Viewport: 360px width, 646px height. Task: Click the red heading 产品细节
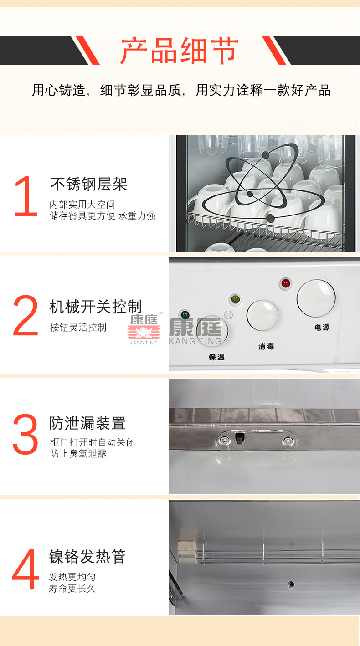coord(180,51)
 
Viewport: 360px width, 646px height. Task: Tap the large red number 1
coord(26,196)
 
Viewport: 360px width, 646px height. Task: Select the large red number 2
coord(26,315)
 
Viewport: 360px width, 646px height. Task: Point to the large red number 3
coord(25,434)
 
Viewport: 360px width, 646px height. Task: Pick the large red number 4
coord(25,569)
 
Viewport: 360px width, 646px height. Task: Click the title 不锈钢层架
coord(88,184)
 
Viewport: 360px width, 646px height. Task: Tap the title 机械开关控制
coord(96,306)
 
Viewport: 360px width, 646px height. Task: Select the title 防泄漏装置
coord(87,423)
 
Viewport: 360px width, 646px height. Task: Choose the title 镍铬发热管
coord(87,557)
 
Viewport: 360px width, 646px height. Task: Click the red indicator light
coord(286,283)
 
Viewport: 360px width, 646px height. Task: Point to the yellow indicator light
coord(236,299)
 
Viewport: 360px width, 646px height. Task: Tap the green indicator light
coord(185,314)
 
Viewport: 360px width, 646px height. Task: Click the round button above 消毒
coord(262,315)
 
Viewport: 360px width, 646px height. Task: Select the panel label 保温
coord(216,357)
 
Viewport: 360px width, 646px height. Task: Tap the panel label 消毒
coord(266,346)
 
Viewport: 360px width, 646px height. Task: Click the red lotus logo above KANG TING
coord(144,332)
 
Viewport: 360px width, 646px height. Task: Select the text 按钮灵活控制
coord(78,327)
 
